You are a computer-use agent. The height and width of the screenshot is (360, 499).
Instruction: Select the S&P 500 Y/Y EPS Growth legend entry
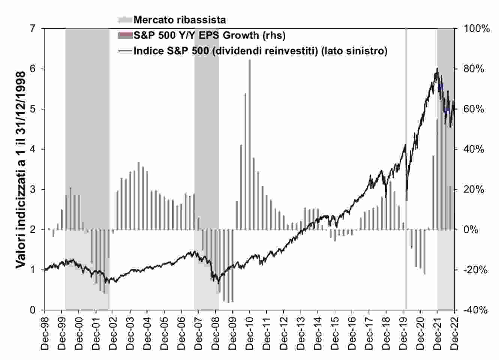[x=209, y=35]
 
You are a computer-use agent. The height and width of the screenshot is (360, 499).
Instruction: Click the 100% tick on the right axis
[x=477, y=28]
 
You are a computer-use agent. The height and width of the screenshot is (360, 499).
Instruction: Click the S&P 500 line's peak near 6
[x=437, y=69]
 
